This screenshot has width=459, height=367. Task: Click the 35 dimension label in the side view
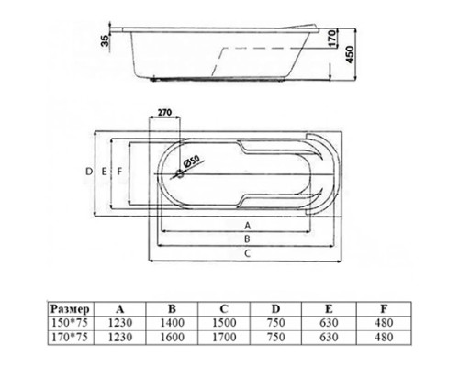pyautogui.click(x=107, y=39)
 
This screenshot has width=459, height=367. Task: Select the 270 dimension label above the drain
pyautogui.click(x=166, y=112)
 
